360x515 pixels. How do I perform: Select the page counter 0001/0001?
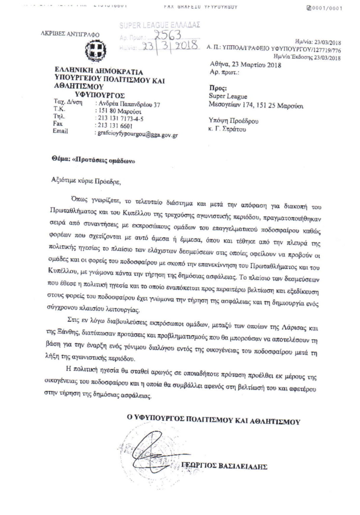pyautogui.click(x=325, y=8)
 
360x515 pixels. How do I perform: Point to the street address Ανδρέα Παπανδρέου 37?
pyautogui.click(x=128, y=104)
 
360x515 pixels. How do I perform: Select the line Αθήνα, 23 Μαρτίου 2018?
pyautogui.click(x=245, y=65)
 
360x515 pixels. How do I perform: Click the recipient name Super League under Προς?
pyautogui.click(x=228, y=97)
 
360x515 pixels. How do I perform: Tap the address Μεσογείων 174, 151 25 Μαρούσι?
pyautogui.click(x=256, y=106)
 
